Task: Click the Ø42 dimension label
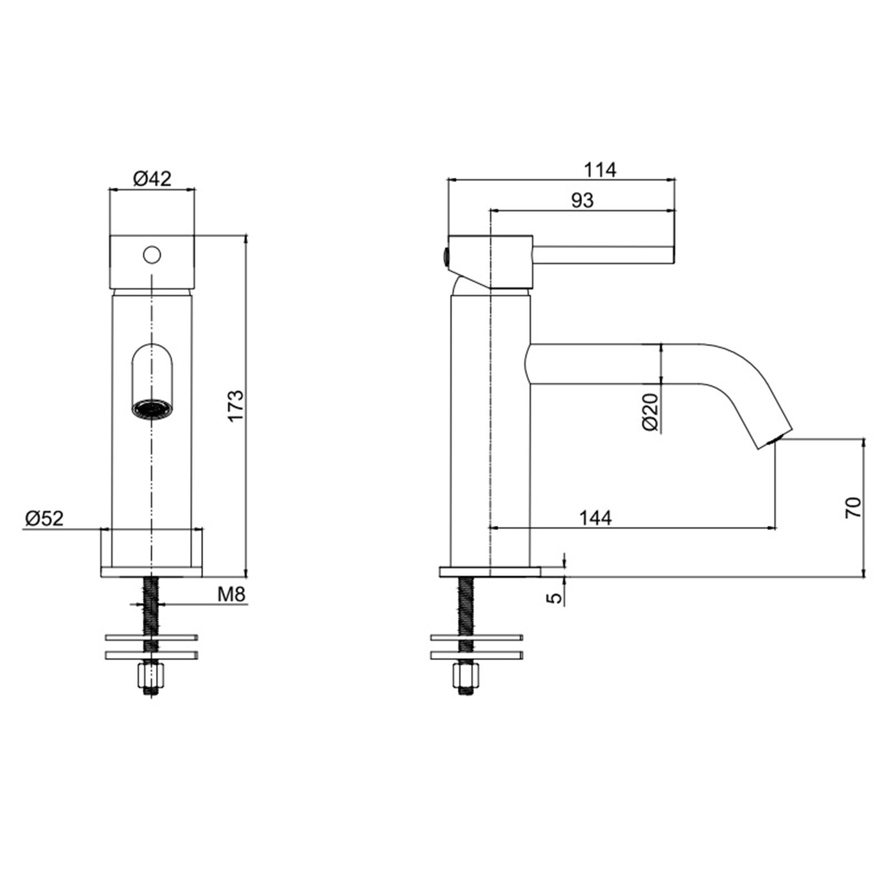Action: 152,178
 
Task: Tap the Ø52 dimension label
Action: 44,519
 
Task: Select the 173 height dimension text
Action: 235,406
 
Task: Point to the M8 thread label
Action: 231,595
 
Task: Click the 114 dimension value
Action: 600,170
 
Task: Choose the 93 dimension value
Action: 582,200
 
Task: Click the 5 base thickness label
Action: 556,598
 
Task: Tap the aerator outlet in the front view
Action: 152,409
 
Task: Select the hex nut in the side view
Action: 466,676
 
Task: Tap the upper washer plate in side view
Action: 476,638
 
